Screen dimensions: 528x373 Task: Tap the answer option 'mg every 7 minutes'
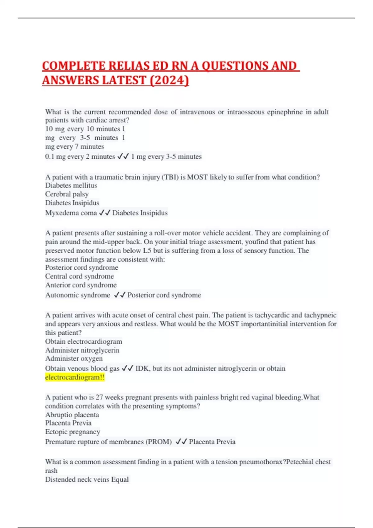point(75,146)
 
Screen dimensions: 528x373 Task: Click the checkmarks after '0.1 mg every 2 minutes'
point(123,156)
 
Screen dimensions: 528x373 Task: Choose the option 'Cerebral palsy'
point(67,194)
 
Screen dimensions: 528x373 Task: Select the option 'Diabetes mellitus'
point(71,185)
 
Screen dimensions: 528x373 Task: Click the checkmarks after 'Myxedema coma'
point(105,213)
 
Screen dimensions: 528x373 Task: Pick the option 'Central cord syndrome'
point(80,276)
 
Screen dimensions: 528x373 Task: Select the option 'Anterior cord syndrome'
point(81,285)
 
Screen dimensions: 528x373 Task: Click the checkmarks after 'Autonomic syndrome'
point(120,295)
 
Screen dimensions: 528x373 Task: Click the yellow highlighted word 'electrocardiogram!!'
point(75,377)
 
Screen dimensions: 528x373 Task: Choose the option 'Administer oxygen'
point(74,358)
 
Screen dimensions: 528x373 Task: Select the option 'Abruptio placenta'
point(72,415)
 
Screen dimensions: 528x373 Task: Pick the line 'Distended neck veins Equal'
point(87,479)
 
